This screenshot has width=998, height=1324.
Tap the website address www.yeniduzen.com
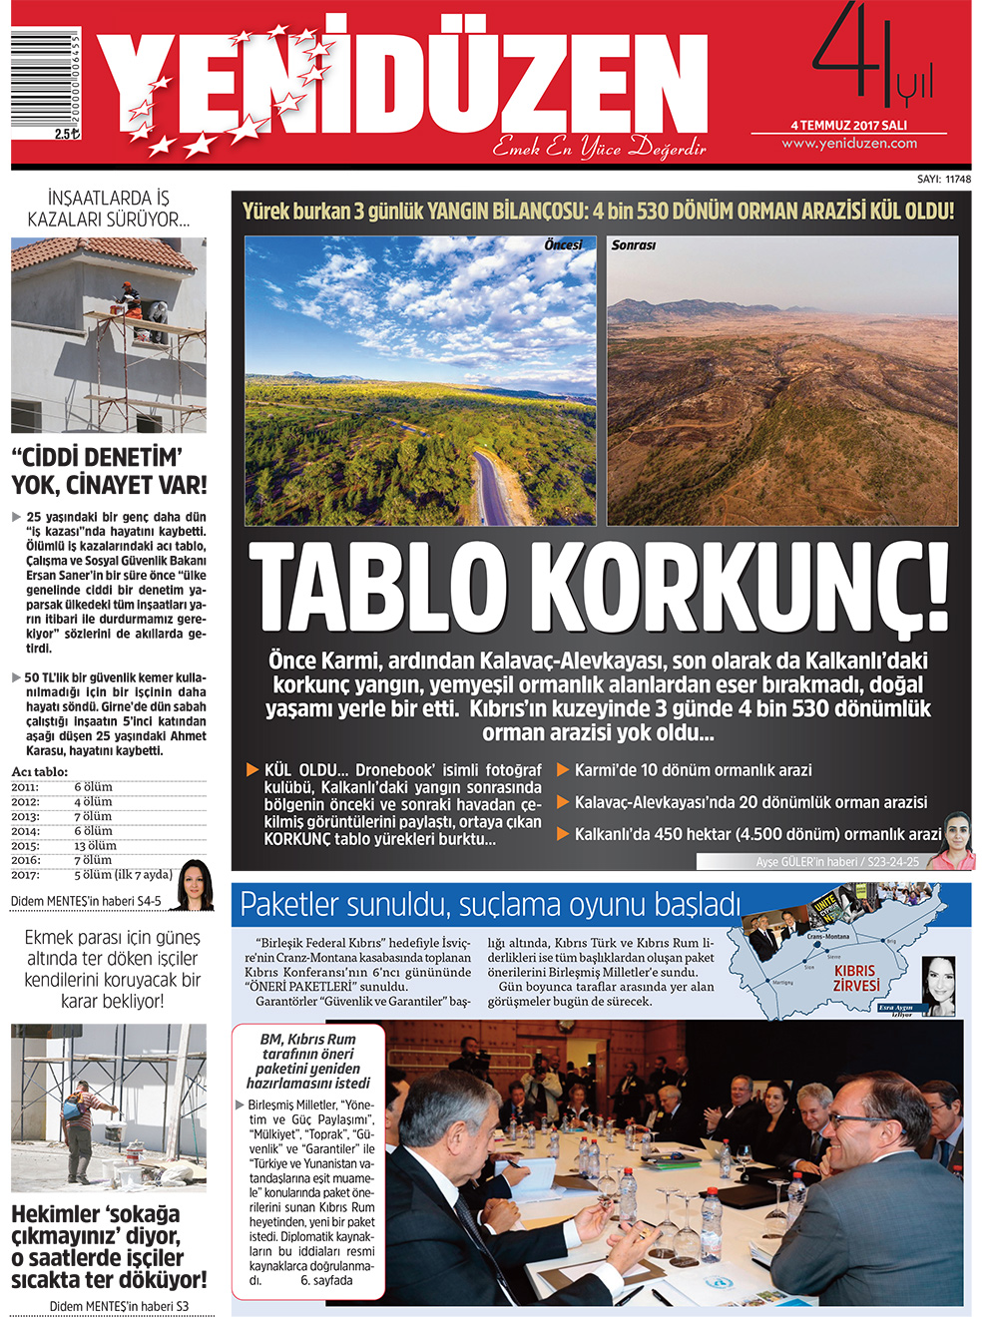click(849, 144)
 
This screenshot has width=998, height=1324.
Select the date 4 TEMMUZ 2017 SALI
click(849, 126)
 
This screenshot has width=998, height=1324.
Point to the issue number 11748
click(957, 180)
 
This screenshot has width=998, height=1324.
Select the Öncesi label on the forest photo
click(563, 245)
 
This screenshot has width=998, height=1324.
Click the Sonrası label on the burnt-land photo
click(634, 245)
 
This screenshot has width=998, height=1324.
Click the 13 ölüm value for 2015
click(95, 846)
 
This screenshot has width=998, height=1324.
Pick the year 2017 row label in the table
click(25, 875)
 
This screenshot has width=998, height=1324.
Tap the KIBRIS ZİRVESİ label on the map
click(856, 978)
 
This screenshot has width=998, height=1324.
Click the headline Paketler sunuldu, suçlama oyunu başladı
click(490, 905)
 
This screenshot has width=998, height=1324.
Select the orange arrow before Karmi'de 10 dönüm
click(563, 770)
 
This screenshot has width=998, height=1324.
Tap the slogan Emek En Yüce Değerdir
click(599, 149)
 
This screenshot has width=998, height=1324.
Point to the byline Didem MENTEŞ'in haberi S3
click(119, 1306)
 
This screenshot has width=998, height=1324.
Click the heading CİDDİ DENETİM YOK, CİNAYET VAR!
click(109, 472)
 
